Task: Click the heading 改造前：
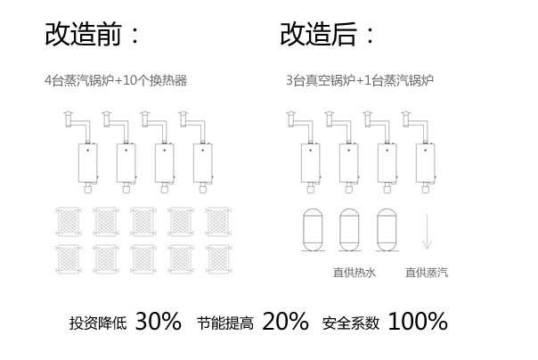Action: tap(94, 36)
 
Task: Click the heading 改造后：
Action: tap(328, 36)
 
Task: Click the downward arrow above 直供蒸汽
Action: tap(427, 233)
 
